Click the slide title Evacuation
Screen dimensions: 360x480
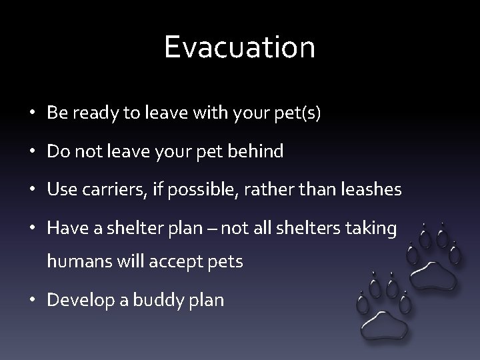(240, 47)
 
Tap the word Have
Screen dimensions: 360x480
(63, 228)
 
